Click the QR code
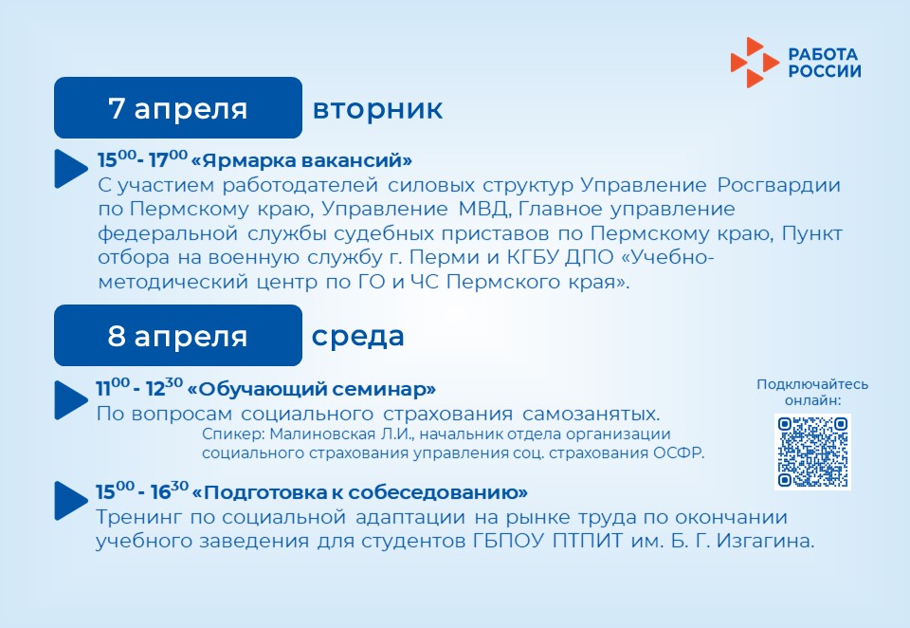point(812,452)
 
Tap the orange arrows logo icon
point(755,63)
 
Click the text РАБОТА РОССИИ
point(825,63)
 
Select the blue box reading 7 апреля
point(178,107)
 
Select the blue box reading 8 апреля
point(178,335)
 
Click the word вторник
point(378,109)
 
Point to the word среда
point(358,337)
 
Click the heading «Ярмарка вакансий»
point(301,159)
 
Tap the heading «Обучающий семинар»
point(312,389)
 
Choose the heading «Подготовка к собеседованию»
point(360,492)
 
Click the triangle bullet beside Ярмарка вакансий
point(71,169)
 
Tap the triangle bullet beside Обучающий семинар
point(71,399)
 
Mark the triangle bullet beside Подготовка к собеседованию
point(71,500)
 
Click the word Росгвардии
point(779,185)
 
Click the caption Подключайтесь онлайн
point(812,392)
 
